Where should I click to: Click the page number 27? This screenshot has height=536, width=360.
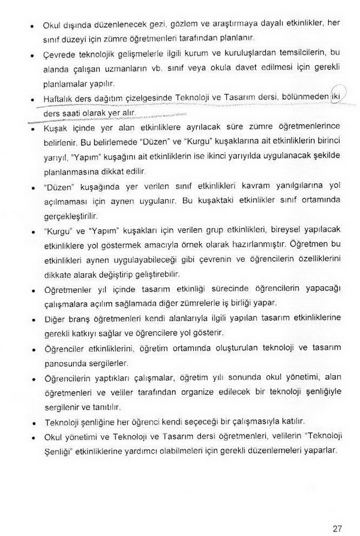pos(337,512)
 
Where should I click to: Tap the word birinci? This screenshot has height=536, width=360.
pos(323,144)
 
